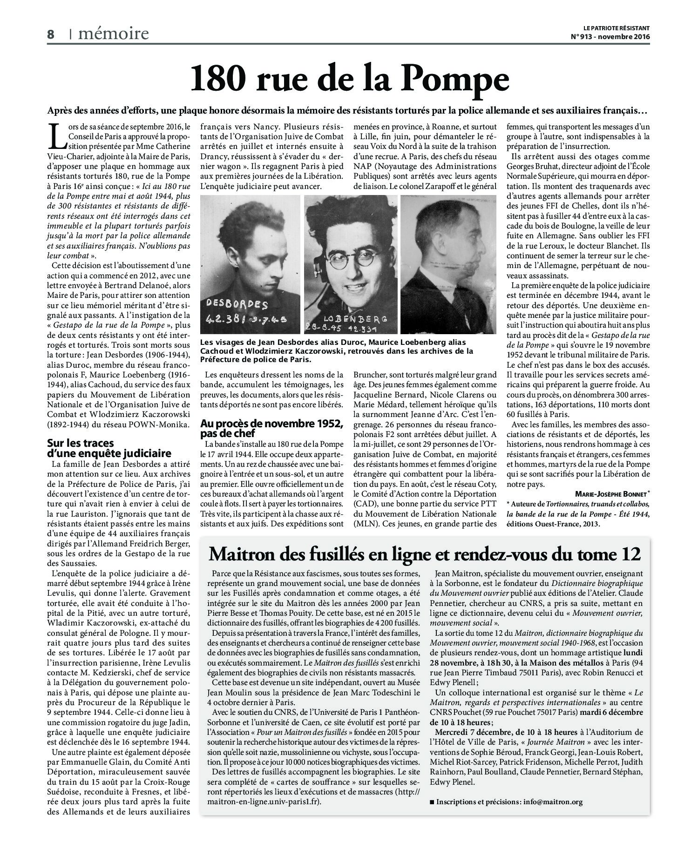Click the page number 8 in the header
pos(51,34)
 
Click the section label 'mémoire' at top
pos(114,34)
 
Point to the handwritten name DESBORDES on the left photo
pos(237,305)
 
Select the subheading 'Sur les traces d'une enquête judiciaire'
pos(109,448)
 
